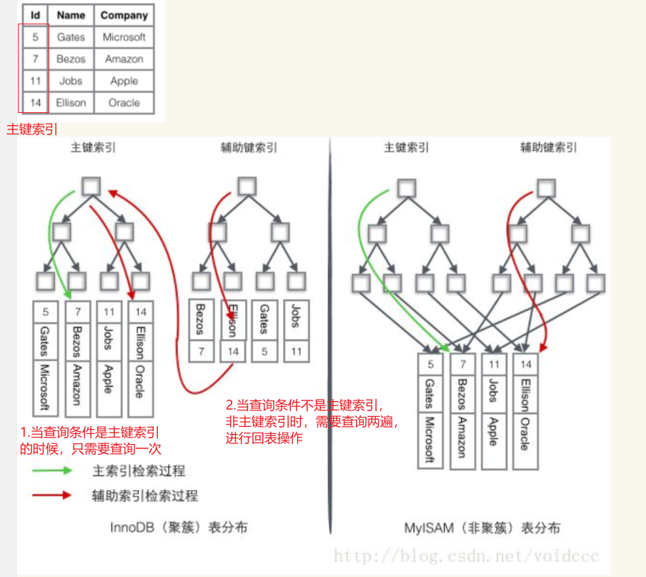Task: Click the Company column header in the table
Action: click(x=124, y=15)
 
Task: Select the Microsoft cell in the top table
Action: click(x=124, y=37)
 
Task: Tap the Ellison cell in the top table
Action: click(x=71, y=102)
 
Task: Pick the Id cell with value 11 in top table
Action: click(x=35, y=81)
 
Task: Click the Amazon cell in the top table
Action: click(x=124, y=59)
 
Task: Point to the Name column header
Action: click(x=71, y=15)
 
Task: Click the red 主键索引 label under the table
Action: click(x=32, y=129)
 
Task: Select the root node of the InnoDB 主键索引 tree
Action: click(x=91, y=187)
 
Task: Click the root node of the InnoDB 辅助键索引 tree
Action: click(x=247, y=187)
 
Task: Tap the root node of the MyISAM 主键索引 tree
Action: click(x=406, y=187)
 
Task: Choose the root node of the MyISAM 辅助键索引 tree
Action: click(x=546, y=187)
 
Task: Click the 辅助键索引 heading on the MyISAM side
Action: click(x=548, y=148)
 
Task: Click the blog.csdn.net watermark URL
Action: click(x=466, y=556)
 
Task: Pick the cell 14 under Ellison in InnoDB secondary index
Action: click(x=233, y=351)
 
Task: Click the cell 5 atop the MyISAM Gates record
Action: click(x=430, y=364)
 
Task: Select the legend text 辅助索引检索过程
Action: click(x=145, y=495)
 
